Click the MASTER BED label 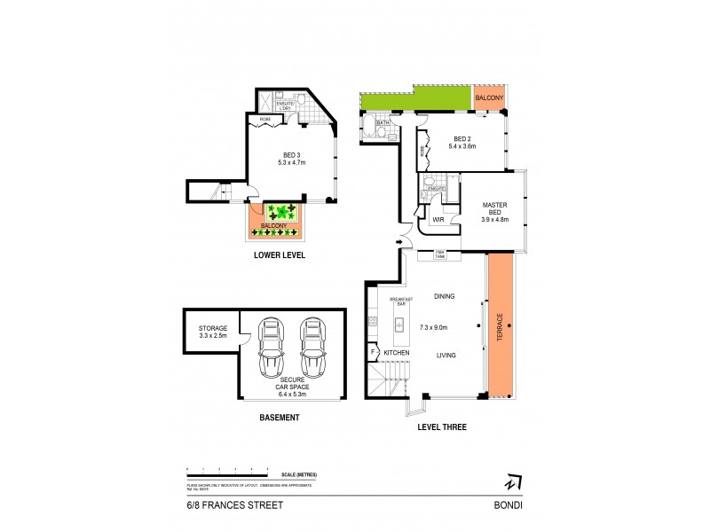(x=493, y=210)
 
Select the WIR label (x=438, y=218)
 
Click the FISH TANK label (x=439, y=255)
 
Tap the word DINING (x=444, y=297)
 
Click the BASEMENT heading (x=280, y=417)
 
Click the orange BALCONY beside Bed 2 (x=489, y=99)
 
